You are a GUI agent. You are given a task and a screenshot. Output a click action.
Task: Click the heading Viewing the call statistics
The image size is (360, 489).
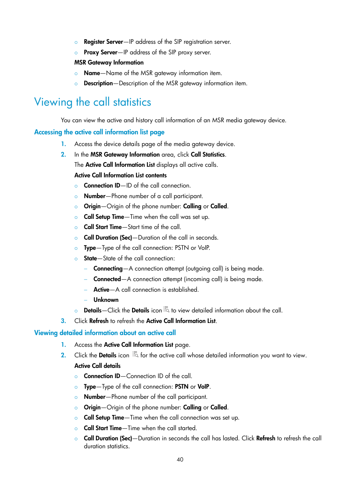92,102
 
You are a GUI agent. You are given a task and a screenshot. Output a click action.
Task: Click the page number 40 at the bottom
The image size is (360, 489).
180,459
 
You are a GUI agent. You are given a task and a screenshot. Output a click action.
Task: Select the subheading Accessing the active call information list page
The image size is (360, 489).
99,132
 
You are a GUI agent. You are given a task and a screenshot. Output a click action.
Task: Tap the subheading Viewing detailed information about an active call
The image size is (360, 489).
105,333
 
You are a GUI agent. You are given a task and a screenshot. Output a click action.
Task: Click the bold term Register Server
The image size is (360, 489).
103,42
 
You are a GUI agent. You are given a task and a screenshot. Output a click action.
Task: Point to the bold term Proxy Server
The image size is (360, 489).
101,52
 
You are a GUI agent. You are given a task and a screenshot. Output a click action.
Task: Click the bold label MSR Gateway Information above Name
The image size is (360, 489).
109,63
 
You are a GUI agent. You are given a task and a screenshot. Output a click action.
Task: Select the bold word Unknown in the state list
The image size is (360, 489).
106,300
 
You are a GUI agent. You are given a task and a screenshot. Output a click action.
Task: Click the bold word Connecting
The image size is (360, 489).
108,269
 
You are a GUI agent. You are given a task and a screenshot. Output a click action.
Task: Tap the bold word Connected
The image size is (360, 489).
107,279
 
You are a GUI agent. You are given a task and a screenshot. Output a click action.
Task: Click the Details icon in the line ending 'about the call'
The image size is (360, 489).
166,309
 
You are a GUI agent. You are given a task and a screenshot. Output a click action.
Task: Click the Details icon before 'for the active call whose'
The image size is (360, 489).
135,354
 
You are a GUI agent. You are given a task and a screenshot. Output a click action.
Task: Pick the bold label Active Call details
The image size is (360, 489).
97,366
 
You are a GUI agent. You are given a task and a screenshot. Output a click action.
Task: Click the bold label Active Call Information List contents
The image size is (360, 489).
120,175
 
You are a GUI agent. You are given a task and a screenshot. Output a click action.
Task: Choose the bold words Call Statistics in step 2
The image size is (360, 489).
208,155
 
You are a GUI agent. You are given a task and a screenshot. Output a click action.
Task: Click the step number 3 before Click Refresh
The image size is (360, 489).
63,321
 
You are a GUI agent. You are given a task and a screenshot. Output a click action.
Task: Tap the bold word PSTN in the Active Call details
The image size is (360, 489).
182,387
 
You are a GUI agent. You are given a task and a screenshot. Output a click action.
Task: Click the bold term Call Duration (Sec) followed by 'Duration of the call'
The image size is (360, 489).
108,238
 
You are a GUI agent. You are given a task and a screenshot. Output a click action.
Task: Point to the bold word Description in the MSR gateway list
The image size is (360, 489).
98,83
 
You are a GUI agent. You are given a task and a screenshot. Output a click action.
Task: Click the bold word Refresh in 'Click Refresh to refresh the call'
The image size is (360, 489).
266,438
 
